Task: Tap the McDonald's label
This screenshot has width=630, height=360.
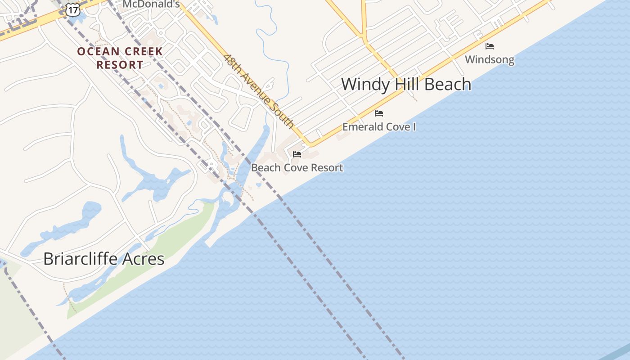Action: click(x=151, y=4)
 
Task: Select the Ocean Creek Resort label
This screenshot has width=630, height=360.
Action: click(x=120, y=58)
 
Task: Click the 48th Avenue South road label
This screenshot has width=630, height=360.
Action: click(x=258, y=91)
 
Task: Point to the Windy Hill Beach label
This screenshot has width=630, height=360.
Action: click(x=406, y=84)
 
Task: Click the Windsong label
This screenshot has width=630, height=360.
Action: click(x=489, y=59)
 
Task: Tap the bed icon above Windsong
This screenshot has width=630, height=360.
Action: click(x=490, y=46)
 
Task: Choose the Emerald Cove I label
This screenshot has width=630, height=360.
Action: click(x=379, y=127)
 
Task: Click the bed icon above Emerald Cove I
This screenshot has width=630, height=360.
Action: click(x=379, y=113)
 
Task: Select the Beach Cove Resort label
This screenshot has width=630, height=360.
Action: click(x=297, y=168)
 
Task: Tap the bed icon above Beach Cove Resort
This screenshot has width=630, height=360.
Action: click(x=297, y=154)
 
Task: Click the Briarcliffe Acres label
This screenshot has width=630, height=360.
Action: click(x=103, y=259)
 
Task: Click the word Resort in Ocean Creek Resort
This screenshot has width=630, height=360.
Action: click(x=120, y=65)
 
